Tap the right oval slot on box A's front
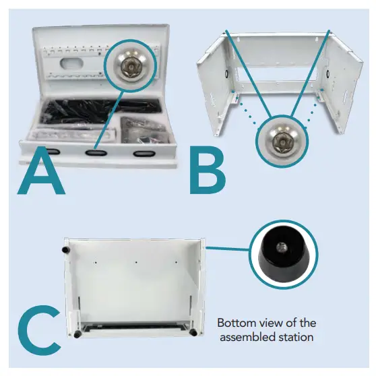point(143,154)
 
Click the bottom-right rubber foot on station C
point(193,334)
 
